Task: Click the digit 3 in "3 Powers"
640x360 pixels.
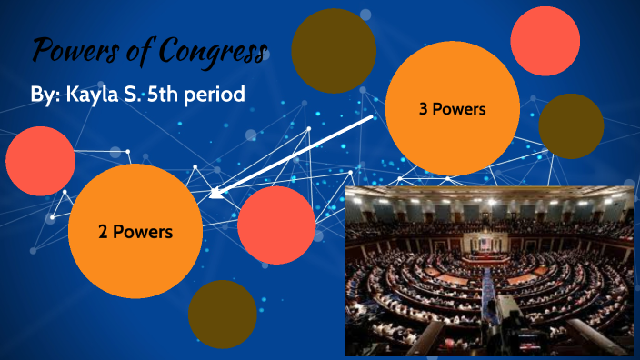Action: click(x=424, y=109)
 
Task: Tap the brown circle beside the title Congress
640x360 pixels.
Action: click(x=334, y=51)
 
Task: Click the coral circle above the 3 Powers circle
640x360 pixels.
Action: click(x=545, y=40)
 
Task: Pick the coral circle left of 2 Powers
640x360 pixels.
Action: click(x=40, y=161)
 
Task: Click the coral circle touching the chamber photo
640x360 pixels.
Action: click(x=275, y=225)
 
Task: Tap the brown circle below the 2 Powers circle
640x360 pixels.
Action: click(x=222, y=314)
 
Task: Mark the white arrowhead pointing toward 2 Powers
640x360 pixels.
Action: click(x=216, y=192)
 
